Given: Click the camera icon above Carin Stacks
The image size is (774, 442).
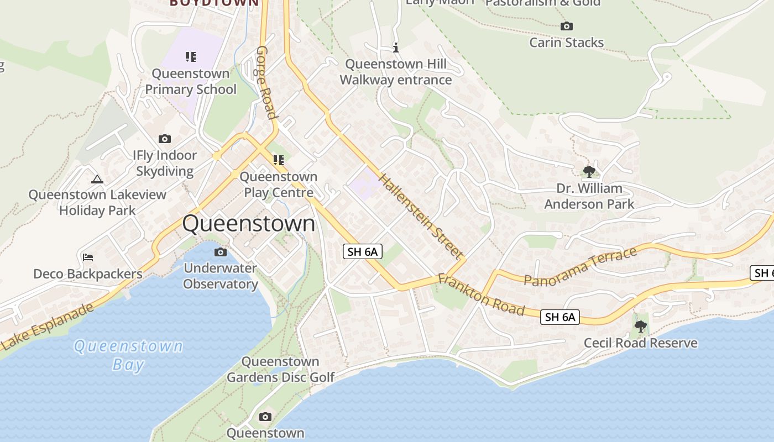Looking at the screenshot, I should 566,26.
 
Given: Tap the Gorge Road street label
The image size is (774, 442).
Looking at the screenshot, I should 265,82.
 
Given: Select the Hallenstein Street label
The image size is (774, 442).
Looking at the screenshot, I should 421,216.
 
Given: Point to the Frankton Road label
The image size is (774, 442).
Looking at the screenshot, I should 481,294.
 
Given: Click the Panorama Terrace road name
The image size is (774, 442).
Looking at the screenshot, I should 580,267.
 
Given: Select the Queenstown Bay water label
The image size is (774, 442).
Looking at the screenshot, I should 128,355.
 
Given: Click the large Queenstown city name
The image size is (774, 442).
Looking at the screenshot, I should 249,224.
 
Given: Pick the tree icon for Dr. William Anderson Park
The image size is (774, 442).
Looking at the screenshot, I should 589,171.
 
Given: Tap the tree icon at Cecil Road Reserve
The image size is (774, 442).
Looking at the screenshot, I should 641,327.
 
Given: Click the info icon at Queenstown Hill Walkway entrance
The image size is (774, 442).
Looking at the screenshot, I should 396,48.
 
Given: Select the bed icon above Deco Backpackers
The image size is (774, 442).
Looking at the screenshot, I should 87,257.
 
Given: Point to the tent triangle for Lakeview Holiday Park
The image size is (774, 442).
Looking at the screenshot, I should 97,178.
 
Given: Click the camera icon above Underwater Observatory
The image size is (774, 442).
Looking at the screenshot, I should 220,252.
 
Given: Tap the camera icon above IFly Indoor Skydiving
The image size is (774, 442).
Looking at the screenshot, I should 164,139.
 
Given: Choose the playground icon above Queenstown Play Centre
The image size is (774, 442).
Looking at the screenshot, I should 279,160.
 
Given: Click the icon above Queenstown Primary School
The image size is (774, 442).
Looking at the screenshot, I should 191,56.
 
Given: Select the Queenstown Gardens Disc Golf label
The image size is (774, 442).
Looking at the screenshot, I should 281,370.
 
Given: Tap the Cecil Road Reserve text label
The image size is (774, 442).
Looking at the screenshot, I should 641,343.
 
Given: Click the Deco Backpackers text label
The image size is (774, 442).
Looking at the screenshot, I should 87,274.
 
